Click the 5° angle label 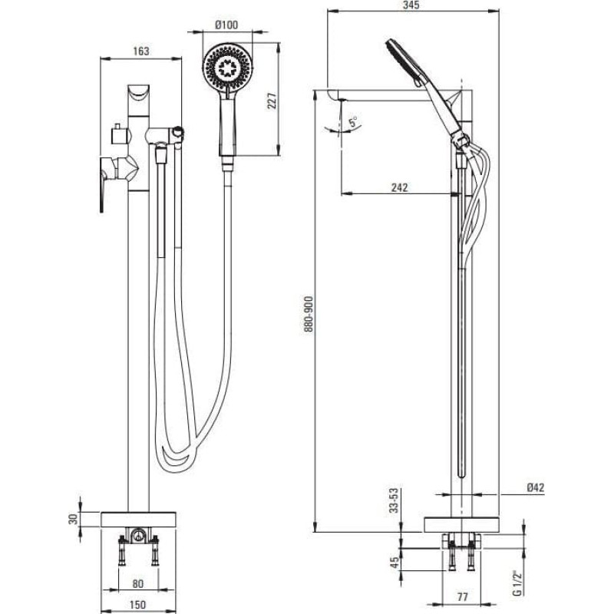click(x=353, y=121)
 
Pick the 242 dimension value click(x=398, y=187)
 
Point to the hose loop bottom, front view click(x=173, y=460)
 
